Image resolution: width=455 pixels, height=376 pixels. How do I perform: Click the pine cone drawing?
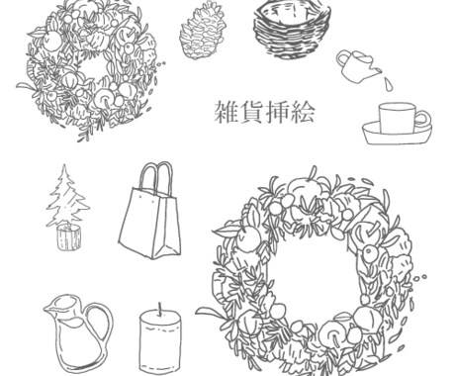coord(203,31)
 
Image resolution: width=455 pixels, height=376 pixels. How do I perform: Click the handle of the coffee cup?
coord(423,119)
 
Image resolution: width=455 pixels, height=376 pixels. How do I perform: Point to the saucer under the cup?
coord(397,134)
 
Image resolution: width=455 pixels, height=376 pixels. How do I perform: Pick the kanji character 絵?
coord(303,112)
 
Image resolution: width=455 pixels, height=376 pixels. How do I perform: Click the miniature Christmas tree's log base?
coord(68,237)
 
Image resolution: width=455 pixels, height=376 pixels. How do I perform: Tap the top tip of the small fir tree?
coord(65,165)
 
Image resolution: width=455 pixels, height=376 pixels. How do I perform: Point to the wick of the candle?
coord(160,309)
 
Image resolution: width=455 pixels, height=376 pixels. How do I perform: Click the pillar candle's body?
coord(160,343)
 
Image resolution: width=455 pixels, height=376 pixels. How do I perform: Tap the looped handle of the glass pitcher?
coord(102,327)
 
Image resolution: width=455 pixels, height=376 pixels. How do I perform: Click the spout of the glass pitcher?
coord(48,308)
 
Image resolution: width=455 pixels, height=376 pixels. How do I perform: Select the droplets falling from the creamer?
coord(389,82)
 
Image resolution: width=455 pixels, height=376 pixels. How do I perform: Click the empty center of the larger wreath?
coord(314,275)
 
